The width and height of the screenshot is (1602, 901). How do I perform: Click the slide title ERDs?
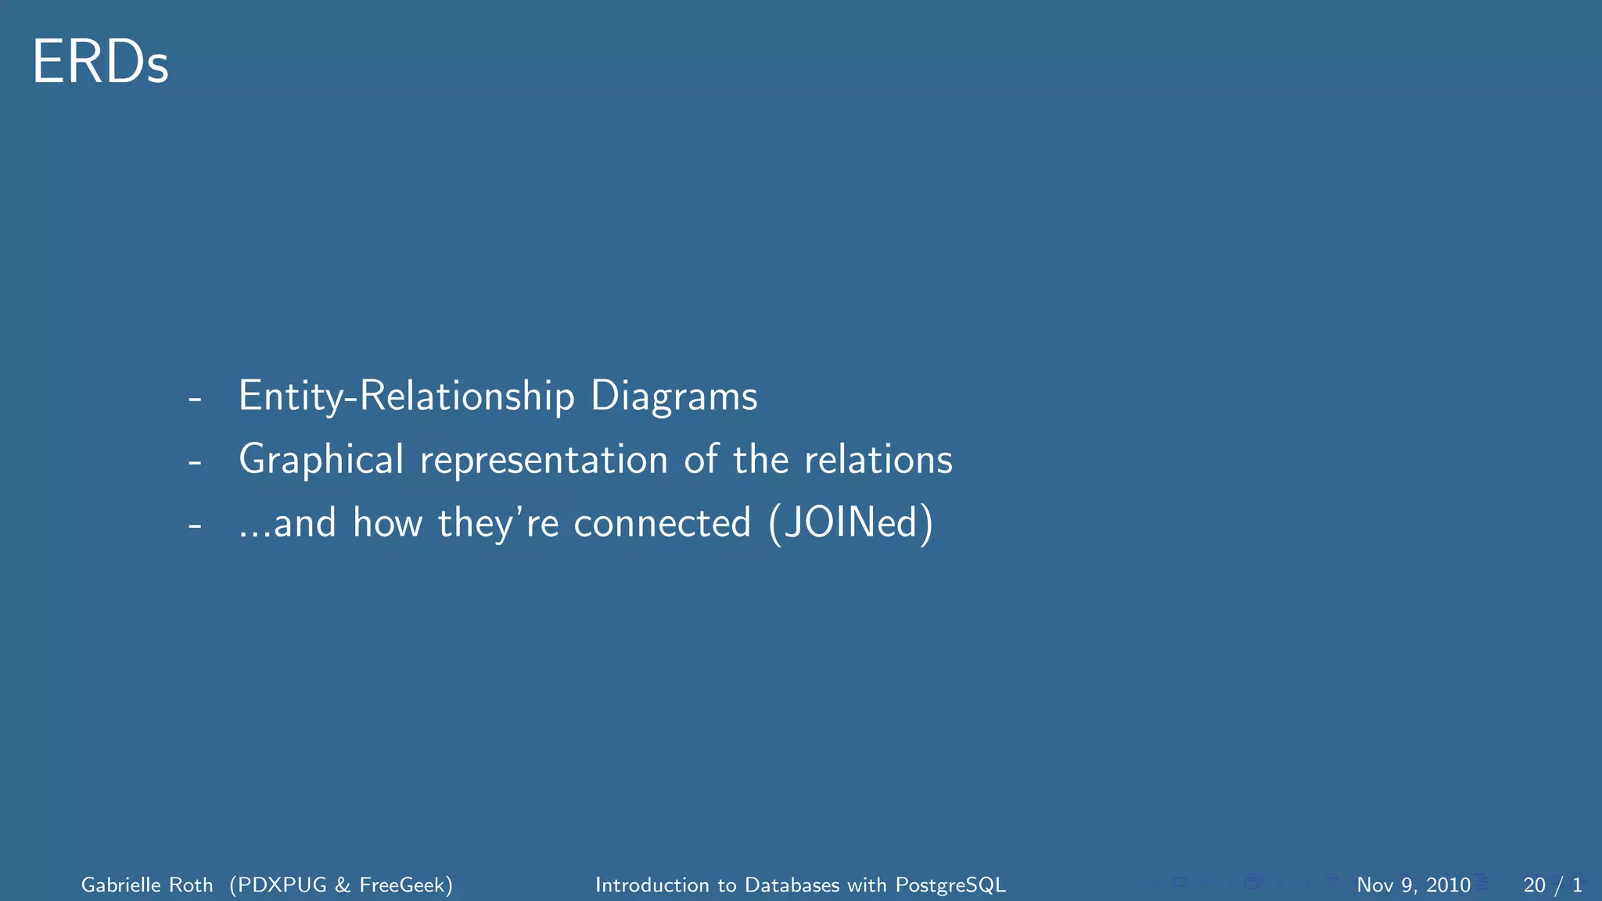click(100, 63)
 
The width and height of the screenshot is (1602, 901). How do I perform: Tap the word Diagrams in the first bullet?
click(673, 396)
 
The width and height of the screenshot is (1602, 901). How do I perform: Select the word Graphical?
click(321, 459)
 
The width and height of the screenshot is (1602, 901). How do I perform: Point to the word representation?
click(544, 459)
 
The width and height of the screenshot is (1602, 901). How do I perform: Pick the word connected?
click(662, 522)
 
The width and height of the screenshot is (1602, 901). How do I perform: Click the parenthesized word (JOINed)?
click(851, 522)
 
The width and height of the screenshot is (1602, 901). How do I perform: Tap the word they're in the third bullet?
click(498, 522)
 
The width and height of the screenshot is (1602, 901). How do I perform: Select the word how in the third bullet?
click(387, 522)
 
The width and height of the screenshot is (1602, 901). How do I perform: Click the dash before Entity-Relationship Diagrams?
click(195, 399)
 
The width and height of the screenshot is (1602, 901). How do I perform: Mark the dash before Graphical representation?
click(195, 462)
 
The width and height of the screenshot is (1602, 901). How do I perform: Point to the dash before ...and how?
click(195, 526)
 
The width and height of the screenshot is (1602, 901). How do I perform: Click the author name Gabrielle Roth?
click(147, 885)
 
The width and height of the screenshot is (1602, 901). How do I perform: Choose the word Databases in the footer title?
click(792, 885)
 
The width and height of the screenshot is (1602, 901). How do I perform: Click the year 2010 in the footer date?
click(1448, 885)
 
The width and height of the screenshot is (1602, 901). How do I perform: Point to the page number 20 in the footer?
click(1534, 885)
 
